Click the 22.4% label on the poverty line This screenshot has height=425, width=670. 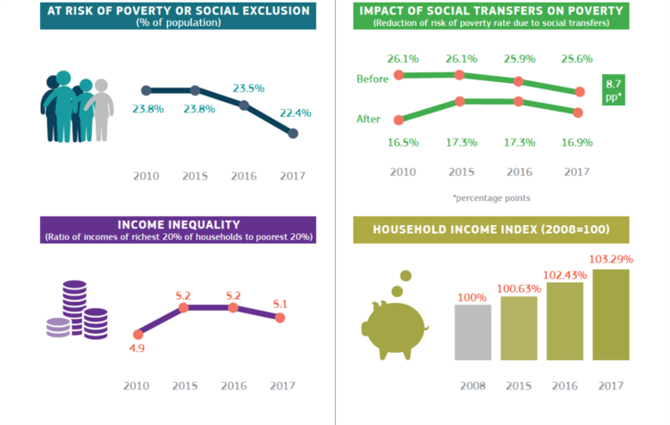click(x=296, y=113)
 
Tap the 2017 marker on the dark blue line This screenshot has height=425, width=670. click(x=293, y=134)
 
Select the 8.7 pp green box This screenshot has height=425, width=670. click(x=613, y=90)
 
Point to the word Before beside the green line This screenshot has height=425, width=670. click(x=373, y=79)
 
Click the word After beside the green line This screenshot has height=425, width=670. click(x=368, y=119)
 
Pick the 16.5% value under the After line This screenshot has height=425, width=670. click(x=403, y=143)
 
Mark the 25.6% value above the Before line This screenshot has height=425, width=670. click(x=577, y=59)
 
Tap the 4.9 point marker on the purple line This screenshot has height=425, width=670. click(x=138, y=335)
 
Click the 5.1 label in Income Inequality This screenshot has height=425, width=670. click(x=281, y=304)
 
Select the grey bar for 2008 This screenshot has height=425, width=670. click(x=473, y=332)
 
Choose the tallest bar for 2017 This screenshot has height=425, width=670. click(x=611, y=315)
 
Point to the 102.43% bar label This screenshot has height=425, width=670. click(x=565, y=275)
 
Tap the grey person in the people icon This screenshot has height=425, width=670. click(x=101, y=109)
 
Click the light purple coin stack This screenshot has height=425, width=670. click(x=59, y=328)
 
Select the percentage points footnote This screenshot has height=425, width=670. click(x=491, y=198)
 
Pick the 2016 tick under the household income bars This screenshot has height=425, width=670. click(x=565, y=386)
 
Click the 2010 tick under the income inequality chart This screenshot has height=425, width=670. click(x=137, y=386)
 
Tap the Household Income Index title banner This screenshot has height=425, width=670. click(x=491, y=229)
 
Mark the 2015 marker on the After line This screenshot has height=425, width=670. click(x=460, y=102)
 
